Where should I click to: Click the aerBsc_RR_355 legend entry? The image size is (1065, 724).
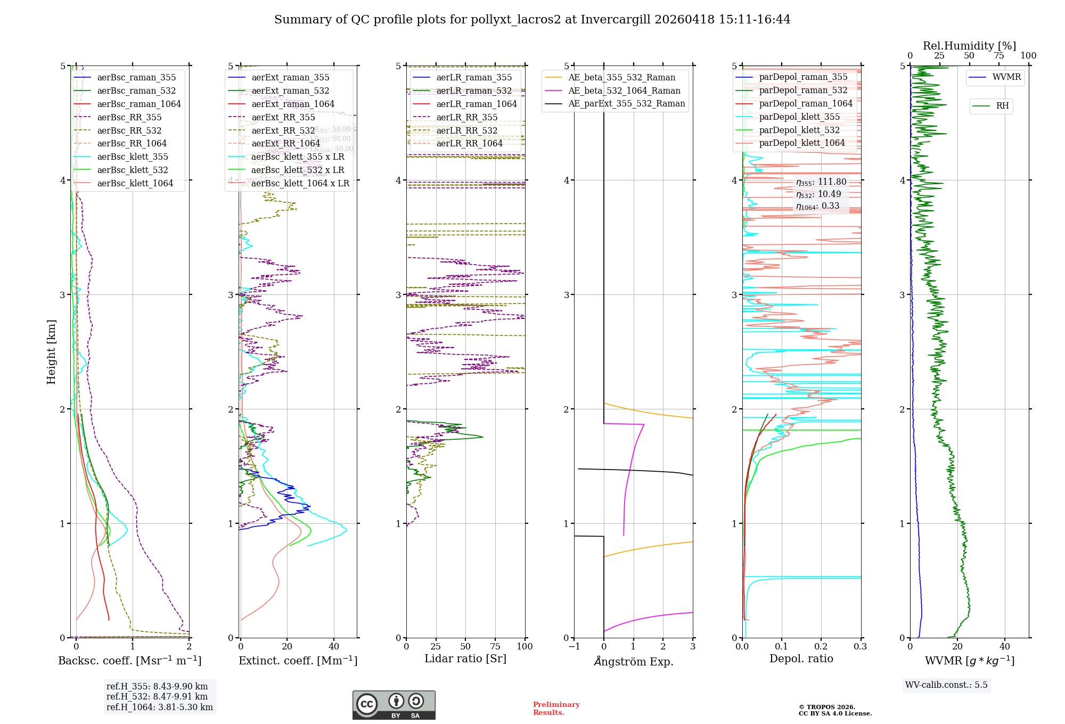coord(129,117)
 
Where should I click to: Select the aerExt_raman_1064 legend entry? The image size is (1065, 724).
coord(292,104)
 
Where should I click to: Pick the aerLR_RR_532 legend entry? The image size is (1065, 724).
coord(466,130)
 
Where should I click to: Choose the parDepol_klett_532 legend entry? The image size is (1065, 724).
coord(799,130)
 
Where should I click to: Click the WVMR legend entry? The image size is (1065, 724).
coord(1006,77)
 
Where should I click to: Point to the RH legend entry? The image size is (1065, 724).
coord(1002,106)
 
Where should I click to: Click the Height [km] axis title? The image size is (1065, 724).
coord(51,351)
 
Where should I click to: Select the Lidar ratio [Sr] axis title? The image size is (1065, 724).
coord(465,659)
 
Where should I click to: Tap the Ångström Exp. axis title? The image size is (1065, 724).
coord(633,661)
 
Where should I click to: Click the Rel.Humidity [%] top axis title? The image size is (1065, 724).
coord(969,46)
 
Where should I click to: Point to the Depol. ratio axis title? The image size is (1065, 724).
coord(801,659)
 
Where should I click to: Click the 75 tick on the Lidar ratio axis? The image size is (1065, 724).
coord(495,646)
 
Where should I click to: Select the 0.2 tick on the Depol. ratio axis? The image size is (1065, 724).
coord(821,646)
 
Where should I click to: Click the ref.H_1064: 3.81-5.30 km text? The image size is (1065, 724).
coord(159,707)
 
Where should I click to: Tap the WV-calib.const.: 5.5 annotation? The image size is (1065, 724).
coord(946,685)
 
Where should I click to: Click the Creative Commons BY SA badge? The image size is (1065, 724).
coord(394,705)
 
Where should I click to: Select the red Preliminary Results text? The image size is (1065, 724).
coord(556,709)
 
